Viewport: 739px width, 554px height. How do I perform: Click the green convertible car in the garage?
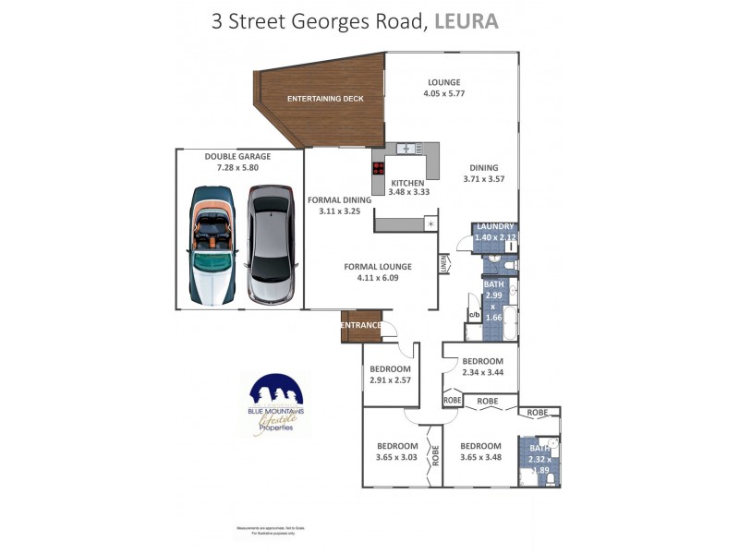(212, 245)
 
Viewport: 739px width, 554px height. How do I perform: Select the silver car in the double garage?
(270, 245)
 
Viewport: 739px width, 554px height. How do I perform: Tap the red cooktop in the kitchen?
(378, 168)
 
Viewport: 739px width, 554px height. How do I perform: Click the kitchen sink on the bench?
(406, 148)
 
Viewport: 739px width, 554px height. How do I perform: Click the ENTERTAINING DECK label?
(325, 99)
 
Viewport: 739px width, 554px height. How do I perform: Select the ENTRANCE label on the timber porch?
(361, 325)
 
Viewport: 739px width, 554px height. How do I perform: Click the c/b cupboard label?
(473, 315)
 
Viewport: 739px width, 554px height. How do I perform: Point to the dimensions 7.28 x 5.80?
(237, 168)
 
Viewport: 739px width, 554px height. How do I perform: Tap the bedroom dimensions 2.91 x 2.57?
(389, 379)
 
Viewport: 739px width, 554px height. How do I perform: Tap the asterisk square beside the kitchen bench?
(430, 224)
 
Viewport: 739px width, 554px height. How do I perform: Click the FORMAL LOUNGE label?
(378, 267)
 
